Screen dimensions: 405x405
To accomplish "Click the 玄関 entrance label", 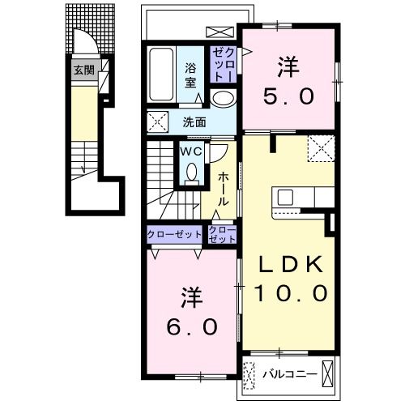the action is coord(84,70).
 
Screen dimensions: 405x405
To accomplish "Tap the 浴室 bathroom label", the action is coord(190,75).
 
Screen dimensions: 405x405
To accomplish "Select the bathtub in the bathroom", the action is coord(161,75).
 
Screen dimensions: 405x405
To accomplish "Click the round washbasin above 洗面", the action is coord(223,98).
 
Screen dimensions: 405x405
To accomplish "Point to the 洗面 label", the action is coord(194,122).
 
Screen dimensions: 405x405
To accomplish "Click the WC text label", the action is coord(191,151).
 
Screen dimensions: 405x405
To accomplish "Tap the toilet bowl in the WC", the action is coord(192,172).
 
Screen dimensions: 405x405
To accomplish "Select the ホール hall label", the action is coord(224,190).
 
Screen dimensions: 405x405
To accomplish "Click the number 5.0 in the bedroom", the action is coord(288,96).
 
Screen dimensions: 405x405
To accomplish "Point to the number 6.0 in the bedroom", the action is coord(192,327).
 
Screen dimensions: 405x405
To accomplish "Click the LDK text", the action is coord(291,264).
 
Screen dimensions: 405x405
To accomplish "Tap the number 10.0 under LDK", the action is coord(291,293).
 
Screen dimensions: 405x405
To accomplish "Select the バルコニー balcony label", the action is coord(290,374).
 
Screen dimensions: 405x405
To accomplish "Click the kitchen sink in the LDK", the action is coord(285,197).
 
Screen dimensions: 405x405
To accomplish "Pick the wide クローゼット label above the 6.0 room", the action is coord(174,234).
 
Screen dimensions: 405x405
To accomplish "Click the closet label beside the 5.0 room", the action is coord(223,65).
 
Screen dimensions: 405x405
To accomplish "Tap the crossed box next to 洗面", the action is coord(157,122).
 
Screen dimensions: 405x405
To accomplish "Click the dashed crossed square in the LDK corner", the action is coord(321,148).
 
